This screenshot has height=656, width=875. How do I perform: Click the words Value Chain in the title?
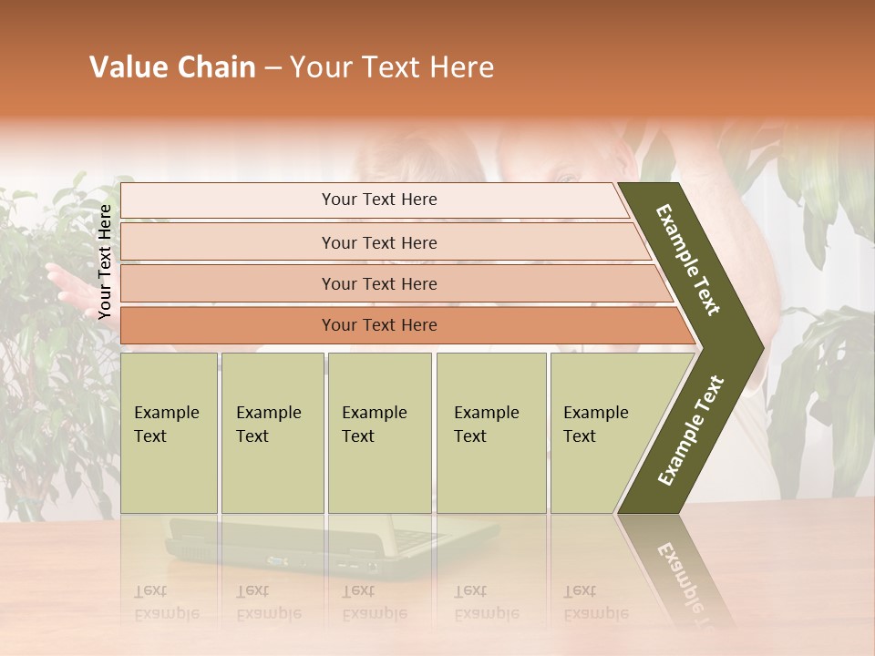[x=172, y=67]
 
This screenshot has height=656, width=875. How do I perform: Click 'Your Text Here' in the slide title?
[x=392, y=67]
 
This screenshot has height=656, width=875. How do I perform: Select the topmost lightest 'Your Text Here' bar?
[x=378, y=200]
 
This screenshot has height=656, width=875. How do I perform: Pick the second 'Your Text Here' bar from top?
[x=378, y=242]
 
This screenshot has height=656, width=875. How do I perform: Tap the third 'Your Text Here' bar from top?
[x=378, y=283]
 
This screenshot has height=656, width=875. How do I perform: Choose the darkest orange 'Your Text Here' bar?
[x=378, y=325]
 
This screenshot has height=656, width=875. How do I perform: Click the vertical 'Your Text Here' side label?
[x=106, y=261]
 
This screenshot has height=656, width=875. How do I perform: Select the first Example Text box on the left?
[x=169, y=432]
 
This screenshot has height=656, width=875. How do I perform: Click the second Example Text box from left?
[x=272, y=432]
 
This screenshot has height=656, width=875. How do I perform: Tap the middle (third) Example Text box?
[x=379, y=432]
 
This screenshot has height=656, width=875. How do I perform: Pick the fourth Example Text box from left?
[x=490, y=432]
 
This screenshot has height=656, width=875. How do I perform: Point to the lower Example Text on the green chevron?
[x=691, y=431]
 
